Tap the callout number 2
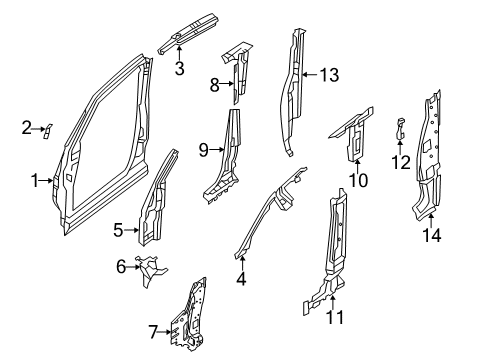(26, 127)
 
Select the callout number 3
(179, 68)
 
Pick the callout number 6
(122, 267)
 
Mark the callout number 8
(214, 86)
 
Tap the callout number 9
(203, 151)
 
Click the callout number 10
(358, 180)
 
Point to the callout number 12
(400, 162)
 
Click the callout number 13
(328, 73)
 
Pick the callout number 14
(432, 236)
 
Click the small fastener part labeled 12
(400, 128)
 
